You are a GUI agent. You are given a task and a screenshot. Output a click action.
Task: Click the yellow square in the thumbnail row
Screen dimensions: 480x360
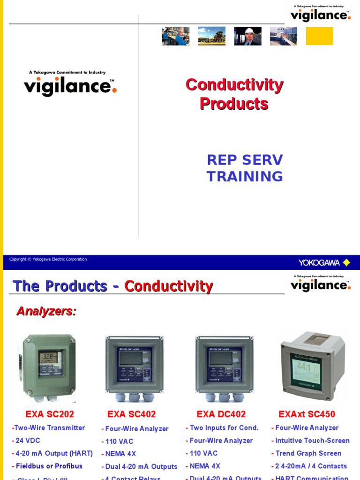pyautogui.click(x=319, y=36)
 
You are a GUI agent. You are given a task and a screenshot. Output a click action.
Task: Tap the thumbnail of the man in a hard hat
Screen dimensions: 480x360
pyautogui.click(x=247, y=36)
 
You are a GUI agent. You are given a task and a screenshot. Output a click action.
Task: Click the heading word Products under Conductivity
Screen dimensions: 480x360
pyautogui.click(x=234, y=104)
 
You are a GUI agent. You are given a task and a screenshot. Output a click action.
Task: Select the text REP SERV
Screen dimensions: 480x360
pyautogui.click(x=245, y=160)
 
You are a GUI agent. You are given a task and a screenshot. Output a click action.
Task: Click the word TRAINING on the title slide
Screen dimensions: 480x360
pyautogui.click(x=245, y=177)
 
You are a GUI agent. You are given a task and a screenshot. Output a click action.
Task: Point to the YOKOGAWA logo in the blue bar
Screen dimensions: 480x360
pyautogui.click(x=324, y=263)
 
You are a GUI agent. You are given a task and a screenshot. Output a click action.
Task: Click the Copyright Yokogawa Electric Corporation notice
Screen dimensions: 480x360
pyautogui.click(x=48, y=259)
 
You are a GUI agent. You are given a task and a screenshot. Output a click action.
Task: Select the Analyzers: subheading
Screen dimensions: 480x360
pyautogui.click(x=46, y=311)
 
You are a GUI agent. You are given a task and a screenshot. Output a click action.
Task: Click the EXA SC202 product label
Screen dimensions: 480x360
pyautogui.click(x=50, y=414)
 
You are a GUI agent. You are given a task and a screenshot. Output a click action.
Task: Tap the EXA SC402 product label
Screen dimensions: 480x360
pyautogui.click(x=132, y=414)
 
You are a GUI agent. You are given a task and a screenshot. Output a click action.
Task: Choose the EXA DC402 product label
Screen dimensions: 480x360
pyautogui.click(x=221, y=414)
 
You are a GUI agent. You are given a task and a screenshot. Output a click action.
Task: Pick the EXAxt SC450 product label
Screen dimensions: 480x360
pyautogui.click(x=307, y=414)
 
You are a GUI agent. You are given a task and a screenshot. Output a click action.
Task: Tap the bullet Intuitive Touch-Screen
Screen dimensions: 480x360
pyautogui.click(x=310, y=441)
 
